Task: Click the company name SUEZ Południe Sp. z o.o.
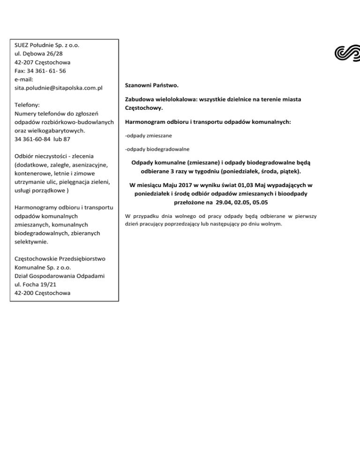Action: click(47, 45)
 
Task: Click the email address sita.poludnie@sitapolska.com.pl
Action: click(59, 88)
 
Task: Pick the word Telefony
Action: click(27, 105)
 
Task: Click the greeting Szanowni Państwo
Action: click(152, 86)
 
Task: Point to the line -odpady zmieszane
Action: click(148, 136)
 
